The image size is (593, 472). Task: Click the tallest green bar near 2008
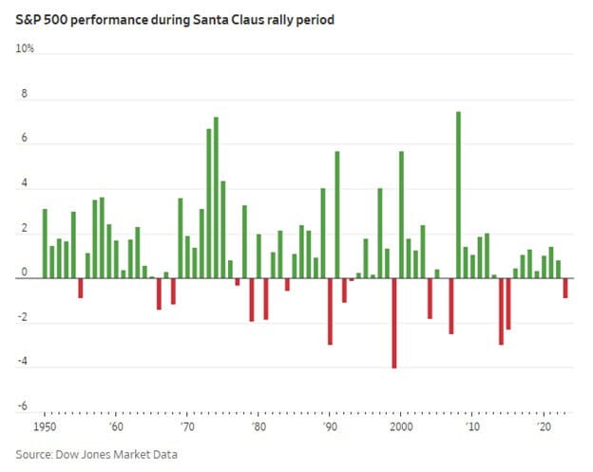[458, 195]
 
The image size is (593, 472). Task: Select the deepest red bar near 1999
[393, 323]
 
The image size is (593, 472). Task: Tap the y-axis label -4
[22, 363]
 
